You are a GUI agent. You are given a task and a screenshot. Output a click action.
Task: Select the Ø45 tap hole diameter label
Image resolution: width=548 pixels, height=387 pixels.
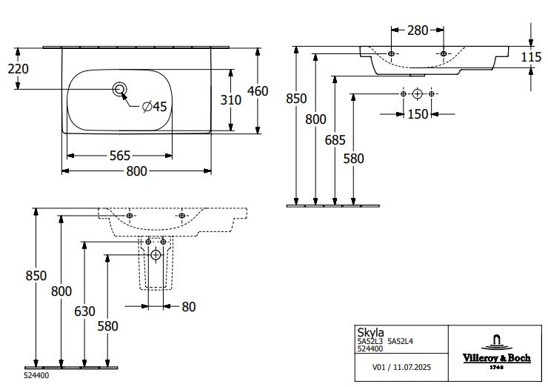tap(154, 107)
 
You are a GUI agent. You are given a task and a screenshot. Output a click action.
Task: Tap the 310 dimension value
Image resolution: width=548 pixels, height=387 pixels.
tap(233, 99)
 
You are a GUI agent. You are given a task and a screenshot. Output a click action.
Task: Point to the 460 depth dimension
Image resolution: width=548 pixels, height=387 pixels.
tap(257, 91)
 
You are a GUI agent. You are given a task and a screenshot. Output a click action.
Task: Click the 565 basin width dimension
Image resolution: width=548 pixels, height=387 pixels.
tap(119, 155)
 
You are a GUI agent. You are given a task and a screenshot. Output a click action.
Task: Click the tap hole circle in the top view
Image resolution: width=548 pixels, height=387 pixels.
tap(119, 90)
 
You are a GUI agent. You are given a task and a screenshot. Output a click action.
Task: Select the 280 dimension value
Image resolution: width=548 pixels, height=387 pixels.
tap(418, 30)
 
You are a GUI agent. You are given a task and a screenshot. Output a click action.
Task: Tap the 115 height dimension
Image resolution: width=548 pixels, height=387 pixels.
tap(530, 57)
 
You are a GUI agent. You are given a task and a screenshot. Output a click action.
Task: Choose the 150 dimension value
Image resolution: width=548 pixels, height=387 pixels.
tap(418, 114)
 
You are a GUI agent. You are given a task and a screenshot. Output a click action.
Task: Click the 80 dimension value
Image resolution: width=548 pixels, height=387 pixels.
tap(188, 305)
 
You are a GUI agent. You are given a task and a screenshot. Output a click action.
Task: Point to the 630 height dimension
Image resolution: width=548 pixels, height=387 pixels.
tap(84, 311)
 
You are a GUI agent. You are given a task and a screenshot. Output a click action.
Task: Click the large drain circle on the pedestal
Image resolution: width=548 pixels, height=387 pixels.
tap(156, 256)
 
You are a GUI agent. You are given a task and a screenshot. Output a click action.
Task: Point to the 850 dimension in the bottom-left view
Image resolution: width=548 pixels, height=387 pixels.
tap(35, 276)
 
